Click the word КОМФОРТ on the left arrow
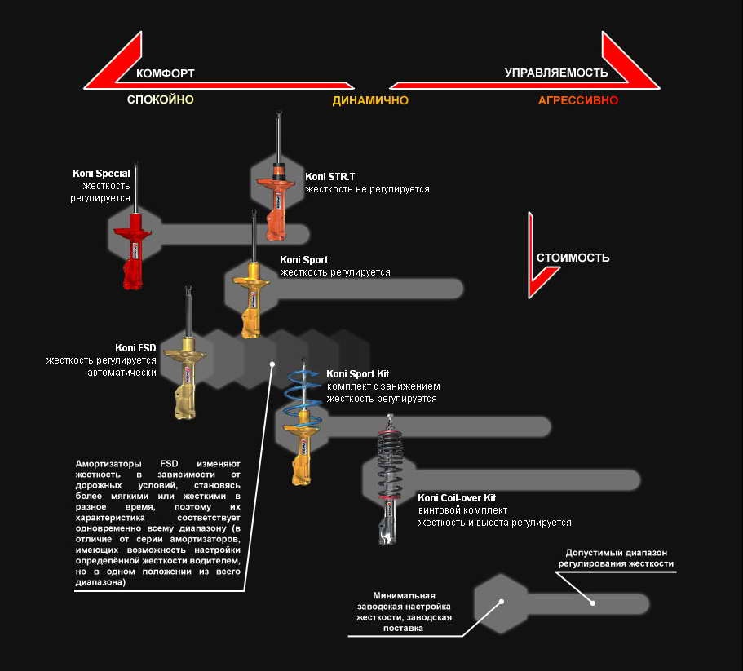click(165, 73)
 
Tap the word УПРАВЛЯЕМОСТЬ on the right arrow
click(556, 73)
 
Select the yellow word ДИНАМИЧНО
click(370, 100)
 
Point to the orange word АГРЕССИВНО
click(578, 100)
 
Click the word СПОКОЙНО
click(160, 99)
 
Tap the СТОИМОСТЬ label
click(573, 258)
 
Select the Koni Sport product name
click(303, 260)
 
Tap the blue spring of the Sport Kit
click(303, 389)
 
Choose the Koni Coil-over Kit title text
click(457, 497)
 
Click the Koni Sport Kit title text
click(358, 374)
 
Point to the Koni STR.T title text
click(329, 177)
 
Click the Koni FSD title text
click(135, 348)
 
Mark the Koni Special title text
click(101, 174)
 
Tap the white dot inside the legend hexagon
click(501, 602)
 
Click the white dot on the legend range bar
click(593, 603)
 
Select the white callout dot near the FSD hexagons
click(272, 364)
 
